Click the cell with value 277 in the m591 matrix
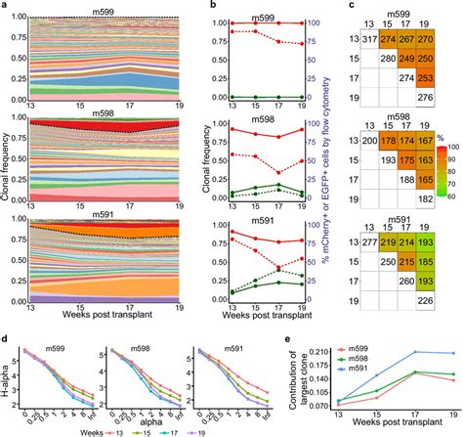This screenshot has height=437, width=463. [x=369, y=240]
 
